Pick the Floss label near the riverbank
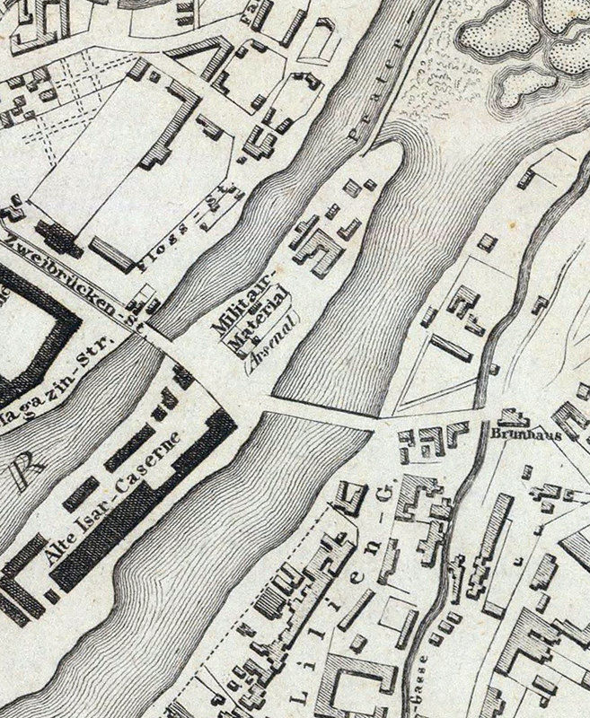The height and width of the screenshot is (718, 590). [159, 253]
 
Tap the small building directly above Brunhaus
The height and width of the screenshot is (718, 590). [513, 416]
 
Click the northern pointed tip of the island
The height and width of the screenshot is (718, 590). [392, 146]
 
